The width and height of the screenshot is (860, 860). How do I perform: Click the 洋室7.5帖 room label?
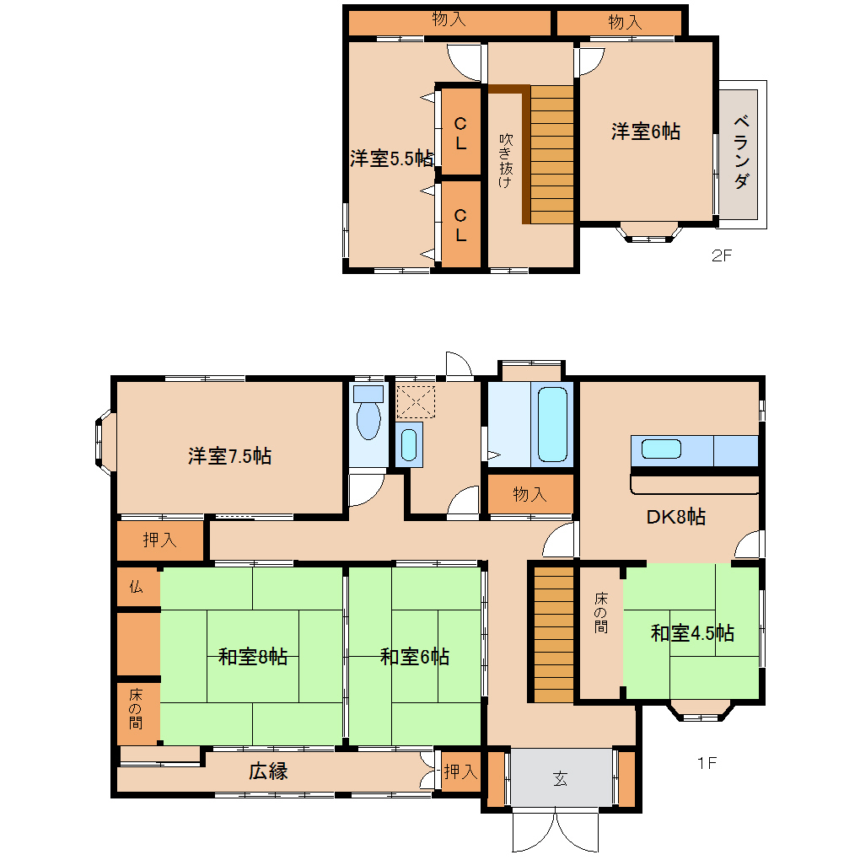(230, 456)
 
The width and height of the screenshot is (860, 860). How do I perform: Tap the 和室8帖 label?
(253, 656)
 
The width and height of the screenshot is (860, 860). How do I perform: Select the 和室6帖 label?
(415, 656)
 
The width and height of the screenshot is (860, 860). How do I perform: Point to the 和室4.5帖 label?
(692, 633)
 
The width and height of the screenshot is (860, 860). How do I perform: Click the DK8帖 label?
(675, 517)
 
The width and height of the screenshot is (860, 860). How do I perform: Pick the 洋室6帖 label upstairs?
(646, 132)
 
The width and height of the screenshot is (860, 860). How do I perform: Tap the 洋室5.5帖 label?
(392, 159)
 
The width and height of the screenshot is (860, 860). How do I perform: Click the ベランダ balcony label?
(741, 152)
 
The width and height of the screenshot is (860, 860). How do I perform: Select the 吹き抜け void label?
(506, 160)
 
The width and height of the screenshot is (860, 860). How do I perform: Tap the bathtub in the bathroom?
(552, 424)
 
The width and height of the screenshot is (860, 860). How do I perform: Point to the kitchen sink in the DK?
(662, 449)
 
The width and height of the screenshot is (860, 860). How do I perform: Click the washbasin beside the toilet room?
(409, 444)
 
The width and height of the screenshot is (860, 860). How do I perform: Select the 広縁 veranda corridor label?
(268, 771)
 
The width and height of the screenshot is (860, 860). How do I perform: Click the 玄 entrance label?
(560, 778)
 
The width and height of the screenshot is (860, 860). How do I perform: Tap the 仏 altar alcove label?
(136, 587)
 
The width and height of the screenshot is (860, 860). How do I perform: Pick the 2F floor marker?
(722, 255)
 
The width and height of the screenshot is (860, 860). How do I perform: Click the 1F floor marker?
(707, 763)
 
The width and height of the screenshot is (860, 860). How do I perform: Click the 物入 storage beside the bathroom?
(530, 494)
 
